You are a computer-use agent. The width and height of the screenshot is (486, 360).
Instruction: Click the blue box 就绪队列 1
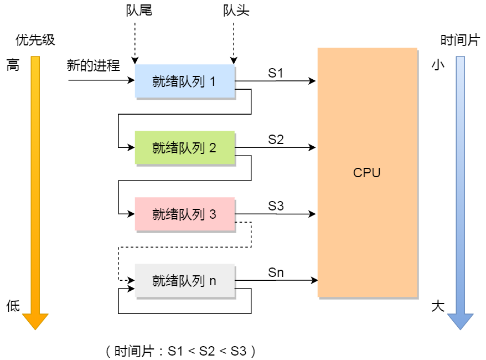(184, 81)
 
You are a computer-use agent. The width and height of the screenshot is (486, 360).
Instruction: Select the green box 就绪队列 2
(184, 148)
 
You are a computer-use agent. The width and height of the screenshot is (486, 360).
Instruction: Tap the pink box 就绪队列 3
(184, 214)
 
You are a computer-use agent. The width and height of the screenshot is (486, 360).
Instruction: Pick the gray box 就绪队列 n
(184, 281)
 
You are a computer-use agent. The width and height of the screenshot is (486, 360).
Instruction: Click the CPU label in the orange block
(367, 172)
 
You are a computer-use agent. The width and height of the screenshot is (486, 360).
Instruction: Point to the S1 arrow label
(276, 73)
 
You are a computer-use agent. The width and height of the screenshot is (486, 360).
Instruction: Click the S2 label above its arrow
(276, 140)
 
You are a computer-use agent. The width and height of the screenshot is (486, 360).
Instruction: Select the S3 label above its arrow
(276, 206)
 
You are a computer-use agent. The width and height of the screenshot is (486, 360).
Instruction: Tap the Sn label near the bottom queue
(276, 272)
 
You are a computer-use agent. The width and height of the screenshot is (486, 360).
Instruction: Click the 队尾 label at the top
(139, 11)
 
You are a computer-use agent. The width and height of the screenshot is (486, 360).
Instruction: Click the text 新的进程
(93, 65)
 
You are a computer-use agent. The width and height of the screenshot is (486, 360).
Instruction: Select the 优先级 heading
(35, 40)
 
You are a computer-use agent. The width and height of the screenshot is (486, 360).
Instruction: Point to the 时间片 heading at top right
(460, 40)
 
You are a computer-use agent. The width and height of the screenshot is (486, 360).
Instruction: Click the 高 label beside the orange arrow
(13, 65)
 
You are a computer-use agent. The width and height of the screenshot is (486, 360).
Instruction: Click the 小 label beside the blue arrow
(438, 65)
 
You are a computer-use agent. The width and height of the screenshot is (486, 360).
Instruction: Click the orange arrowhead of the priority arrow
(35, 321)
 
